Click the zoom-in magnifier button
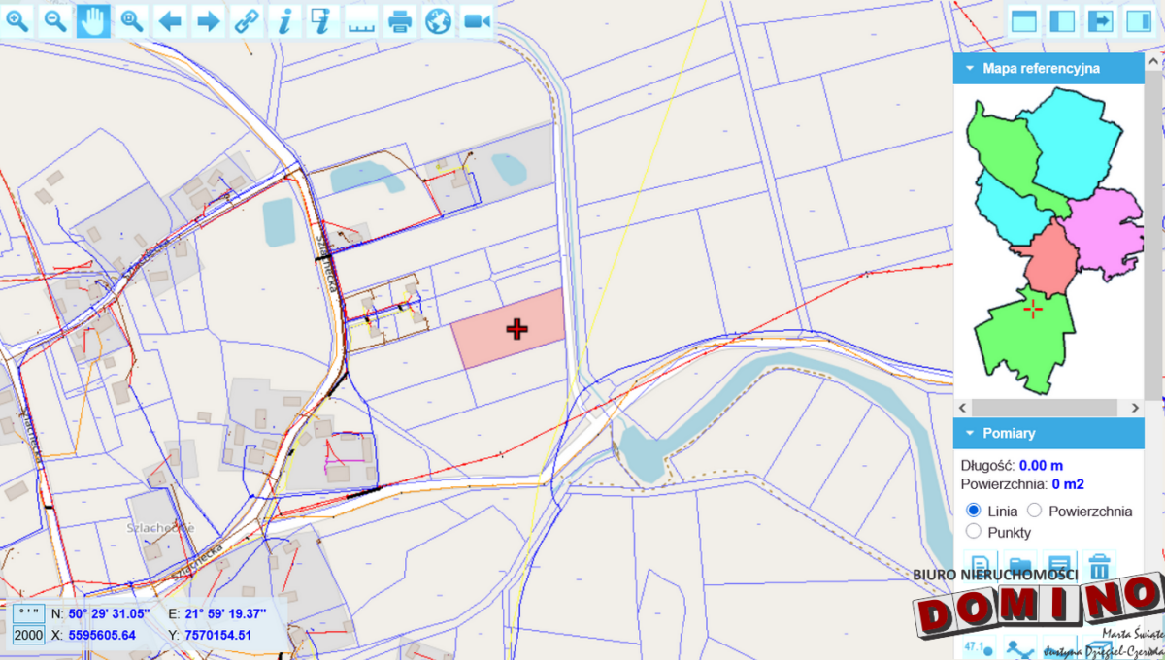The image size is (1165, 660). point(18,20)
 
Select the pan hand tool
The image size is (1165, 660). point(94,20)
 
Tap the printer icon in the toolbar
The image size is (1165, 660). point(400,20)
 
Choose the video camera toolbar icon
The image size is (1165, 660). point(477,20)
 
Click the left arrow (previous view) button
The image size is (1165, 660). point(170,20)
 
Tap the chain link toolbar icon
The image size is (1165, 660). point(247,20)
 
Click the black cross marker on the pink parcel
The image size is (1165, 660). point(516,330)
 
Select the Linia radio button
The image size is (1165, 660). point(973,511)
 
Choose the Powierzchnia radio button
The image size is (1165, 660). point(1034,511)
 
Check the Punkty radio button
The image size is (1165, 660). point(973,532)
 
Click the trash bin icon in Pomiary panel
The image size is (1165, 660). point(1099,566)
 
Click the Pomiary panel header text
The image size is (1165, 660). point(1009,434)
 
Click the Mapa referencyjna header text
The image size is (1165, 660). point(1041,68)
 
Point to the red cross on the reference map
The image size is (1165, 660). point(1033,309)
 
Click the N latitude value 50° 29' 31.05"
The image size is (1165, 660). point(109,613)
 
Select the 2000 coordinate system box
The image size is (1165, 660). point(28,635)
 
